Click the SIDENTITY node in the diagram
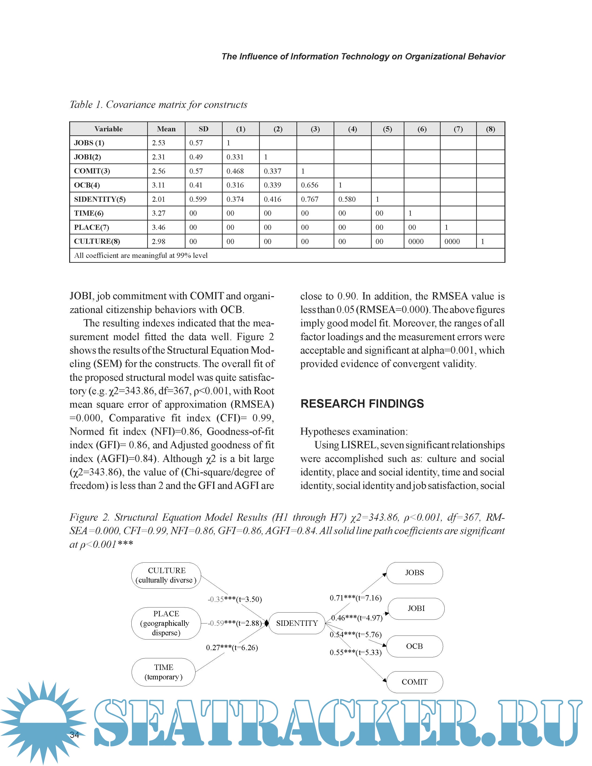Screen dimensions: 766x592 pyautogui.click(x=297, y=623)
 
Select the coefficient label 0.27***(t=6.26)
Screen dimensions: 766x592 pyautogui.click(x=232, y=647)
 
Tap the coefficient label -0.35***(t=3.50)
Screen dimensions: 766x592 pyautogui.click(x=235, y=599)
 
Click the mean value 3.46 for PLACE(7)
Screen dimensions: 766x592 pyautogui.click(x=159, y=227)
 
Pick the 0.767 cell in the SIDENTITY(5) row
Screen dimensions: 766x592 pyautogui.click(x=310, y=199)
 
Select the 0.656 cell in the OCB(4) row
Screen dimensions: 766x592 pyautogui.click(x=310, y=185)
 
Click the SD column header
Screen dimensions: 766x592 pyautogui.click(x=203, y=129)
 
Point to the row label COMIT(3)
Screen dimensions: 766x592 pyautogui.click(x=92, y=171)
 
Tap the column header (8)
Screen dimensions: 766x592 pyautogui.click(x=490, y=129)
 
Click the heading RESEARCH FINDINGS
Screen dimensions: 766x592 pyautogui.click(x=362, y=404)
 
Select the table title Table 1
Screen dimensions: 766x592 pyautogui.click(x=158, y=104)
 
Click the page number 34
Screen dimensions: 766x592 pyautogui.click(x=74, y=735)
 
